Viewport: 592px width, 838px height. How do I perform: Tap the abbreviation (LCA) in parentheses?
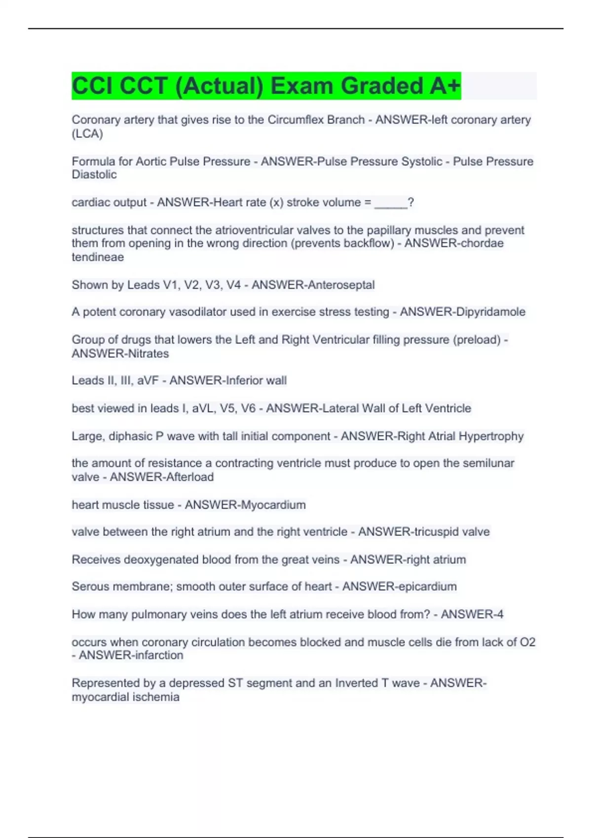click(x=87, y=134)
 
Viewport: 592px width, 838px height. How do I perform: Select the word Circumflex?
click(x=296, y=120)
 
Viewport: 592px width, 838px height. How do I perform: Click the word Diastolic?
click(x=94, y=175)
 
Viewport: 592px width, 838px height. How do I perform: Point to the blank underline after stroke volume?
click(x=391, y=203)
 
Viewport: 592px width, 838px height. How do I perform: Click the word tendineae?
click(x=98, y=257)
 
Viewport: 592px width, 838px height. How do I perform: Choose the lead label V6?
click(x=246, y=409)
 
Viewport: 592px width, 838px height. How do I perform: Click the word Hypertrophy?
click(x=491, y=436)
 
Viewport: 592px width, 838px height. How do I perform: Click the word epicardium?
click(x=427, y=587)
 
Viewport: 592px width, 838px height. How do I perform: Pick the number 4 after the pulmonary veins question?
click(x=500, y=615)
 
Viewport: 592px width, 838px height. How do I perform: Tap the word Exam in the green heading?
click(x=302, y=86)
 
